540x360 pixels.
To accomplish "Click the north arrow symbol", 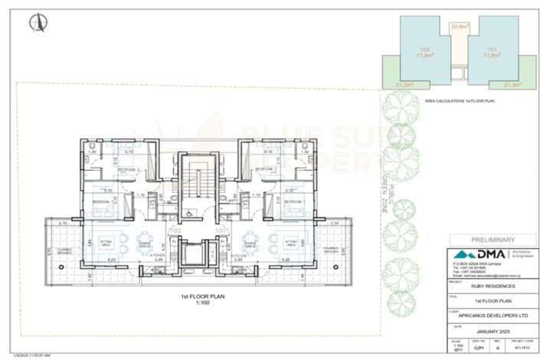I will point(34,24).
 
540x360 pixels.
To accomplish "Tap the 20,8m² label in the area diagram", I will point(460,27).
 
